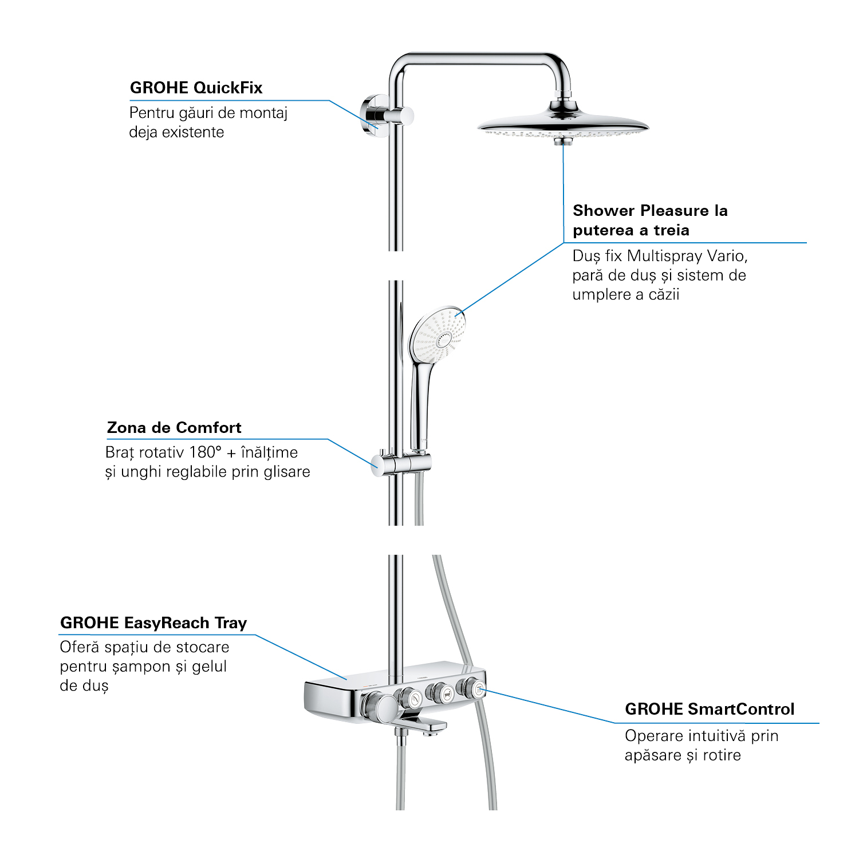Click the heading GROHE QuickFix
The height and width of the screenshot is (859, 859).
[x=196, y=88]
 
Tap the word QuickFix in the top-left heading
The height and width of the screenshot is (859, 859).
[x=228, y=88]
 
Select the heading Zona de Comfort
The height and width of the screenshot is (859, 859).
[x=174, y=428]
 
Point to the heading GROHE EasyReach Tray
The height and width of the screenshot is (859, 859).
[x=153, y=623]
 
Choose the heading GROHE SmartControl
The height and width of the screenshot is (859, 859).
[x=710, y=710]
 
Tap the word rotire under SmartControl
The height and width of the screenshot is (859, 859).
[x=722, y=755]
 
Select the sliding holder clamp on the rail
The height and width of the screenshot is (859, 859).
[x=401, y=463]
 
